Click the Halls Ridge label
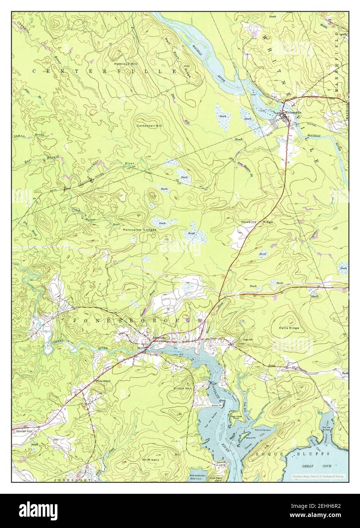(289, 328)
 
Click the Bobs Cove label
(196, 479)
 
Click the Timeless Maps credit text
(317, 476)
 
